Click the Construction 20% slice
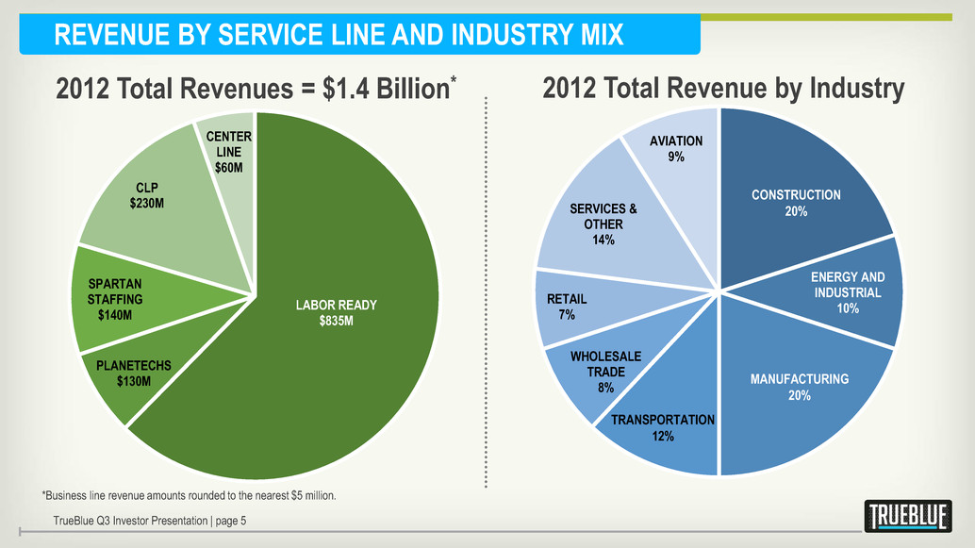pyautogui.click(x=795, y=203)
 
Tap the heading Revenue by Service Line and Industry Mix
pyautogui.click(x=339, y=36)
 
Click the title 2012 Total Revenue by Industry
pyautogui.click(x=723, y=89)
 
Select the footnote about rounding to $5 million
pyautogui.click(x=189, y=495)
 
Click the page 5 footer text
pyautogui.click(x=151, y=520)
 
